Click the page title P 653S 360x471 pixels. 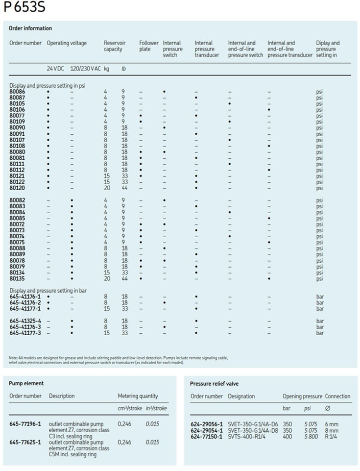[24, 8]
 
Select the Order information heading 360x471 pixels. [30, 28]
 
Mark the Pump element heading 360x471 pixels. [26, 383]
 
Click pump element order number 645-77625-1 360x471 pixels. [25, 442]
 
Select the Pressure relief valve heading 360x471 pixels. [215, 383]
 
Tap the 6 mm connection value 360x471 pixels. [332, 424]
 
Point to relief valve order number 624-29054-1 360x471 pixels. [206, 430]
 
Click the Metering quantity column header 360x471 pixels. [138, 396]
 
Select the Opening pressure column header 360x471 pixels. [302, 396]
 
